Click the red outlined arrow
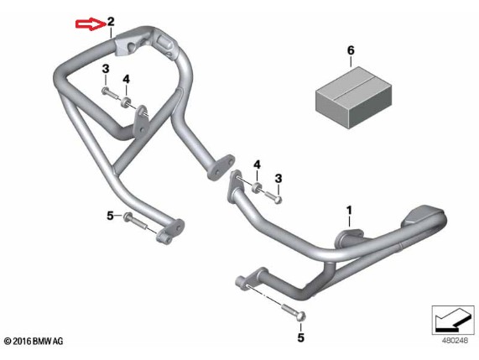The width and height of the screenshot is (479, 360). coord(91,24)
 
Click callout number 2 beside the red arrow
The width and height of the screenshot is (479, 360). coord(111,22)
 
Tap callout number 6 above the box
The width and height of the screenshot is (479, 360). coord(351,50)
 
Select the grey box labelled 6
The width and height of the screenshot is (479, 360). coord(353,98)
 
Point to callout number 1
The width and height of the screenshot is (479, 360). coord(349,211)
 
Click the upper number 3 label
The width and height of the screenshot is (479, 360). coord(106,69)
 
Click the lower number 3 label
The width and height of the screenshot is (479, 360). coord(278,179)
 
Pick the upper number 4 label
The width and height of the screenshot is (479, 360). coord(126,80)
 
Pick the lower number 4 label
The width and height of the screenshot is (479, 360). coord(258,165)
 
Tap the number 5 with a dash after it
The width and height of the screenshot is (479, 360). coord(110,216)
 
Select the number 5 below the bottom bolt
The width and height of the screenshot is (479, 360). coord(300,337)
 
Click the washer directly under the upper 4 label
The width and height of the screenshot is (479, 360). coord(126,102)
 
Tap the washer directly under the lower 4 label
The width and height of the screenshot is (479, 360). coord(258,187)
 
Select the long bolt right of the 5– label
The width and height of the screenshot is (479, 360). coord(135,222)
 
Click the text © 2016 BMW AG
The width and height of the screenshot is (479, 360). coord(34,341)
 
